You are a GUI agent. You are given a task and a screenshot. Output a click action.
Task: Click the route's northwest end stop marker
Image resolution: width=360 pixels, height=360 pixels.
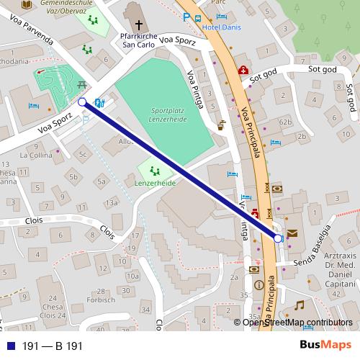83,102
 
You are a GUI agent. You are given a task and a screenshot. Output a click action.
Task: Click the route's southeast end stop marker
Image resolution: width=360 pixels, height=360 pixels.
279,238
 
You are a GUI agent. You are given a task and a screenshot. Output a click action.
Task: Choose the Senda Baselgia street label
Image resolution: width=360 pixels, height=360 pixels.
316,243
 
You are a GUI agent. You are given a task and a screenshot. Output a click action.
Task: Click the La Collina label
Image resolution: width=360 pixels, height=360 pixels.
36,155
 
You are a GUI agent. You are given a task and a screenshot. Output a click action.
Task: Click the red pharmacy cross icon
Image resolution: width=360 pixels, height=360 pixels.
243,71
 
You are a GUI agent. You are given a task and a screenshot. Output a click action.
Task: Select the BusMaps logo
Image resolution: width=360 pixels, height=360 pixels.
325,346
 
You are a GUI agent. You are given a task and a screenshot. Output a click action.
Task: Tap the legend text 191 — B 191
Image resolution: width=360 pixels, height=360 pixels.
53,346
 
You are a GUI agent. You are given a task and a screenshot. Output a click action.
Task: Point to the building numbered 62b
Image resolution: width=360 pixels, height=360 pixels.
286,122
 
